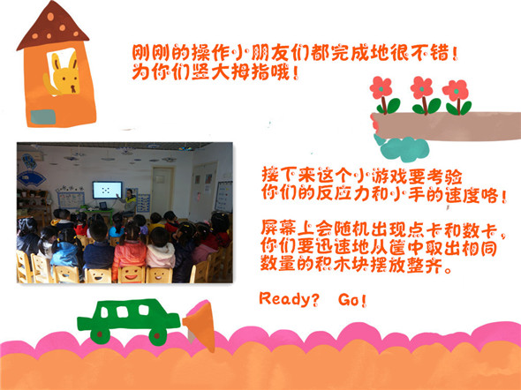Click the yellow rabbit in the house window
point(63,77)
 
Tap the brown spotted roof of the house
point(52,26)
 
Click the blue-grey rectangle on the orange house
point(43,116)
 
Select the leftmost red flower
point(381,87)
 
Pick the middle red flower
point(421,87)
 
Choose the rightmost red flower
point(455,90)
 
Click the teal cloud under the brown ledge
point(401,147)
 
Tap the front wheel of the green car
point(158,336)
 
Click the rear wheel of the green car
point(100,334)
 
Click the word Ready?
point(289,299)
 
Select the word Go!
point(352,300)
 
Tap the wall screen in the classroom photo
point(107,190)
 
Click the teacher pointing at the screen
point(129,201)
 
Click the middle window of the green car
point(123,311)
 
